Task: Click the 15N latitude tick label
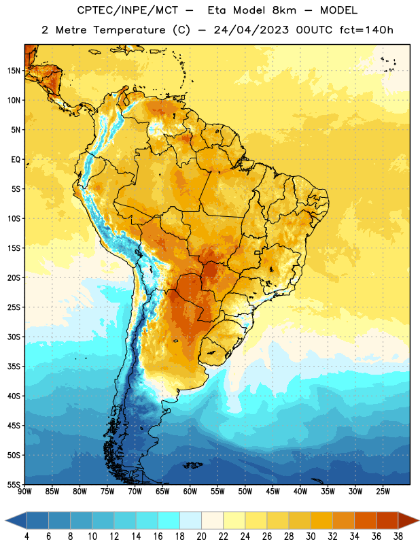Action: (14, 71)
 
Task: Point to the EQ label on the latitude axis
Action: (16, 160)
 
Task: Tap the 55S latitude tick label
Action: (14, 485)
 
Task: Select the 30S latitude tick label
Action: (14, 337)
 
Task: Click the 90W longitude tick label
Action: (24, 492)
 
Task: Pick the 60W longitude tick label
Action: (190, 492)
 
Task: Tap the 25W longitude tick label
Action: (383, 492)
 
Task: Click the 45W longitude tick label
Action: (273, 492)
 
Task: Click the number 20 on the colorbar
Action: (201, 537)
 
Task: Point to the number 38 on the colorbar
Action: (398, 537)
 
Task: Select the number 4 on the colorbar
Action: (27, 537)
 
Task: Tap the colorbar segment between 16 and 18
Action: (169, 520)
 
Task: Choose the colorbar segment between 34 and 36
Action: (366, 520)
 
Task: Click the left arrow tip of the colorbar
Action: (5, 520)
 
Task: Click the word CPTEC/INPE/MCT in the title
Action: (128, 10)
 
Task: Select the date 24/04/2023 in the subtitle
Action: (251, 30)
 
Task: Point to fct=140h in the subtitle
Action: (366, 30)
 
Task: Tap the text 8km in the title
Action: (284, 10)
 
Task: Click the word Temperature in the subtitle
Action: (129, 30)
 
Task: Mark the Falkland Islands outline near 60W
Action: (192, 465)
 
